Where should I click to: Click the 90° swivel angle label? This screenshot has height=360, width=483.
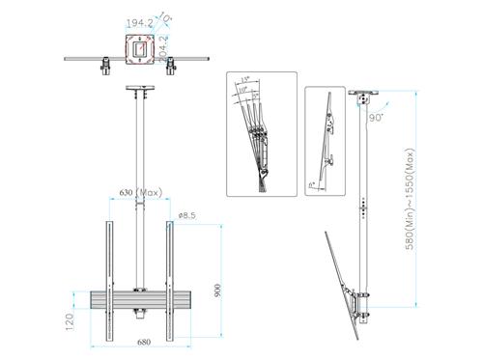point(374,117)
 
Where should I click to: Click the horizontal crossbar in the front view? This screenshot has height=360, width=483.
point(140,300)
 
